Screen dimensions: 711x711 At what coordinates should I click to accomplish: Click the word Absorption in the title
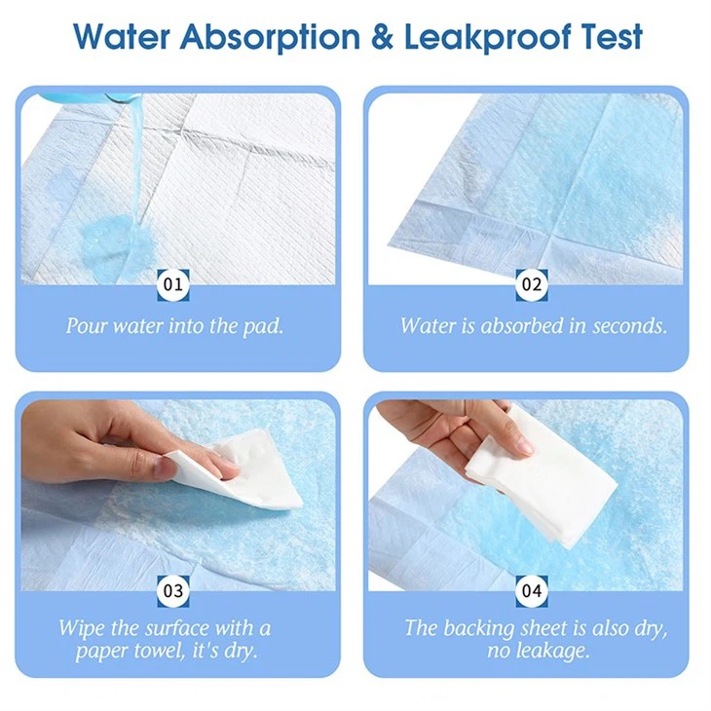point(270,37)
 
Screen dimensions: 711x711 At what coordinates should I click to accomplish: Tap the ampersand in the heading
point(382,37)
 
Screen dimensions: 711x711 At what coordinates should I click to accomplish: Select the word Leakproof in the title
point(487,37)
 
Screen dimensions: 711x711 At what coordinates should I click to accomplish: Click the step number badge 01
point(172,284)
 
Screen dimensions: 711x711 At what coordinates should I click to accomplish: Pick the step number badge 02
point(532,284)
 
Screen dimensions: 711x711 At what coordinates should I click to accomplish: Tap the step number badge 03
point(172,591)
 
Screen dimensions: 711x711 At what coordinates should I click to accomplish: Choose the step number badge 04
point(532,591)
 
